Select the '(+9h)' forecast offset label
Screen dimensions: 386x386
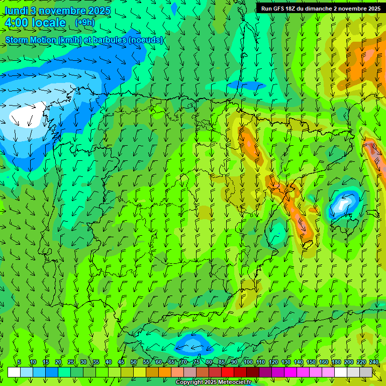(84, 22)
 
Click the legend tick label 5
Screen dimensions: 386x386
(19, 362)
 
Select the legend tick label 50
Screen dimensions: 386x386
(134, 362)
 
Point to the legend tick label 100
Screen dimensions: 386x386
(248, 362)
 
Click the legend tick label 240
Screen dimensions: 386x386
(374, 362)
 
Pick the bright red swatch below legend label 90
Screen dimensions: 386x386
(228, 372)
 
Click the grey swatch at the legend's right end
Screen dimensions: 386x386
(367, 372)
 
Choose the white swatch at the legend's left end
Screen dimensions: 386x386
(14, 372)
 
